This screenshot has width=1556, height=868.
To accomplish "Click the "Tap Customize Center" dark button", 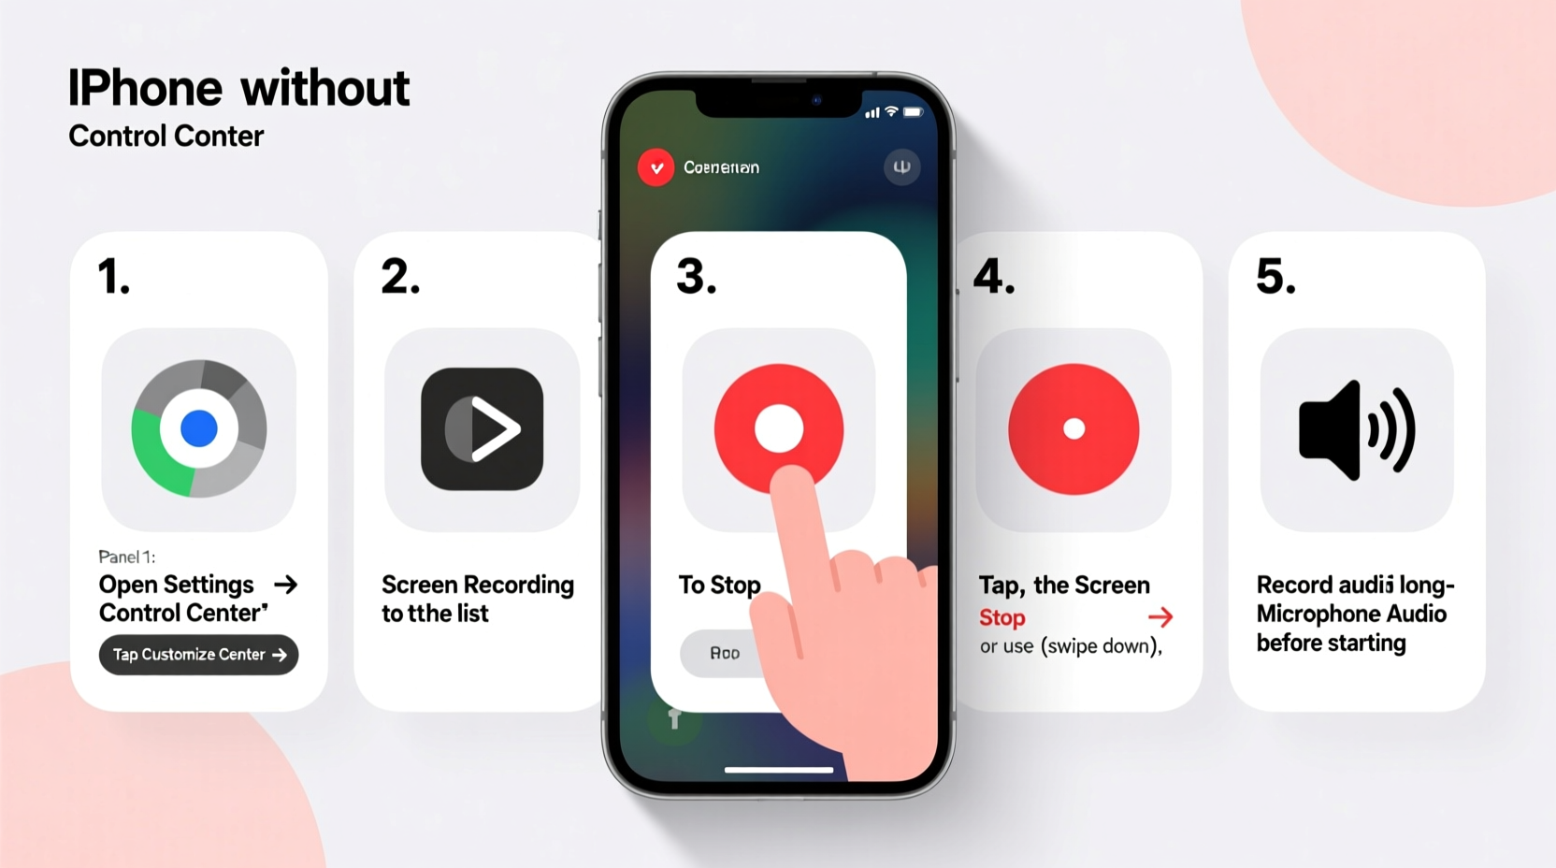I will coord(198,655).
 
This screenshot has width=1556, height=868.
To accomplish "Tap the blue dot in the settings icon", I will coord(198,428).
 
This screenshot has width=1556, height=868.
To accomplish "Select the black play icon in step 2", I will coord(483,429).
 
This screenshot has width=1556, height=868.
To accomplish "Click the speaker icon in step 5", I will coord(1357,430).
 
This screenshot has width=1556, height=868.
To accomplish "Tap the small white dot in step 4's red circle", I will coord(1073,429).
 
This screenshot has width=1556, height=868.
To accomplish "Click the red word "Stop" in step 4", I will coord(1002,617).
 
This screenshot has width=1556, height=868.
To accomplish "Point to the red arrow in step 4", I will coord(1160,617).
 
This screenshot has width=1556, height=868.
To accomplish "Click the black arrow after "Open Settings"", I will coord(286,585).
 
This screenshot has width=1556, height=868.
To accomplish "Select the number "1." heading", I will coord(114,277).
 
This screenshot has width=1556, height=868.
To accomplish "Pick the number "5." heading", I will coord(1275,277).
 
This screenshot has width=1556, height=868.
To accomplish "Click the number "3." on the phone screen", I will coord(697,277).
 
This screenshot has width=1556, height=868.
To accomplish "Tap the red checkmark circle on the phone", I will coord(656,168).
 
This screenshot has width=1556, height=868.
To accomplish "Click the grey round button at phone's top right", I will coord(901,167).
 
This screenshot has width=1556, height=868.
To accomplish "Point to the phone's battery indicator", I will coord(913,112).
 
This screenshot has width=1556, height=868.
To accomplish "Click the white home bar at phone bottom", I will coord(779,770).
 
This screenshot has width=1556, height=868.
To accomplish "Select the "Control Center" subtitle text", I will coord(166,137).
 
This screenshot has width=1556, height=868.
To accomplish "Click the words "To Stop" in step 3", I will coord(719,585).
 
